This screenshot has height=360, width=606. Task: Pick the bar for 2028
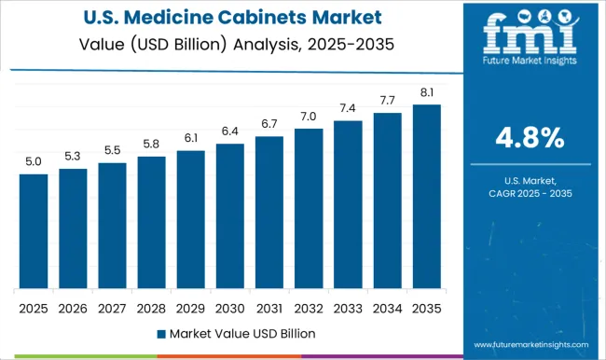point(151,223)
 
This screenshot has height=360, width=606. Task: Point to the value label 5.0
point(33,162)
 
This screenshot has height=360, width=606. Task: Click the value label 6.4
point(229,132)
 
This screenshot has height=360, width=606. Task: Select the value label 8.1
point(426,92)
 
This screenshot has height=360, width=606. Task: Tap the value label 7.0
point(309,117)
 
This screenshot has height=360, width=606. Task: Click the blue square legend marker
point(160,333)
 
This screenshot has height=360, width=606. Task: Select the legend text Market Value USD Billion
point(241,333)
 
